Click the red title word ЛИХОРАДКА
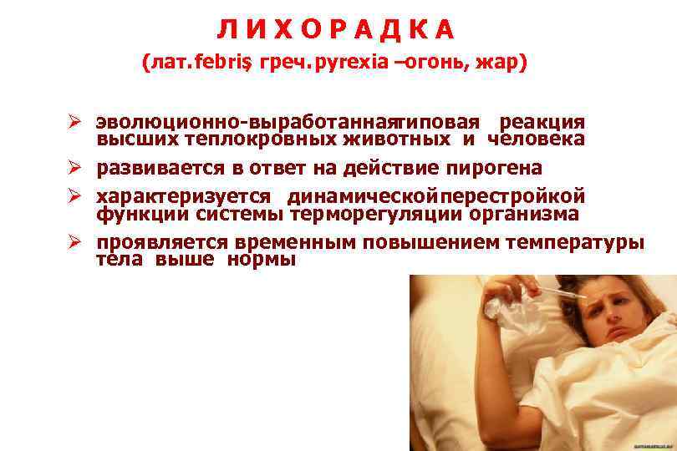coord(337,29)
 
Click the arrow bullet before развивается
coord(74,168)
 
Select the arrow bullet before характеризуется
coord(74,196)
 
